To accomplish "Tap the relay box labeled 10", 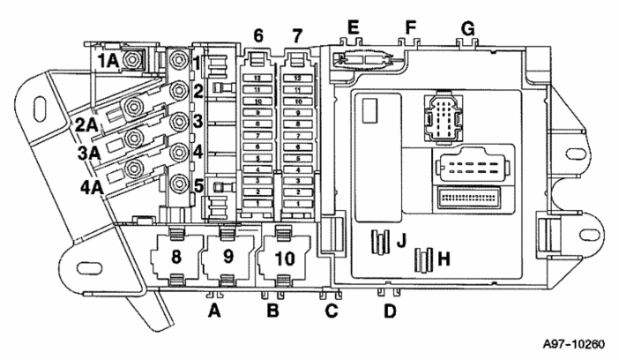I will point(283,259).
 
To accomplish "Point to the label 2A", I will point(86,124).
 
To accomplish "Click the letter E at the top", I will point(353,27).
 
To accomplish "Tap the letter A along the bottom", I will point(213,311).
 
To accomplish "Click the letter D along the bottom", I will point(390,311).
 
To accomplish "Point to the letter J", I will point(400,239).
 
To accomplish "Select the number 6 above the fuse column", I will point(258,36).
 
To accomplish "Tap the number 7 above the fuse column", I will point(296,36).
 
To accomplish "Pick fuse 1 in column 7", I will point(299,203).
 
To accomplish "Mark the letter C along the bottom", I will point(331,311).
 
